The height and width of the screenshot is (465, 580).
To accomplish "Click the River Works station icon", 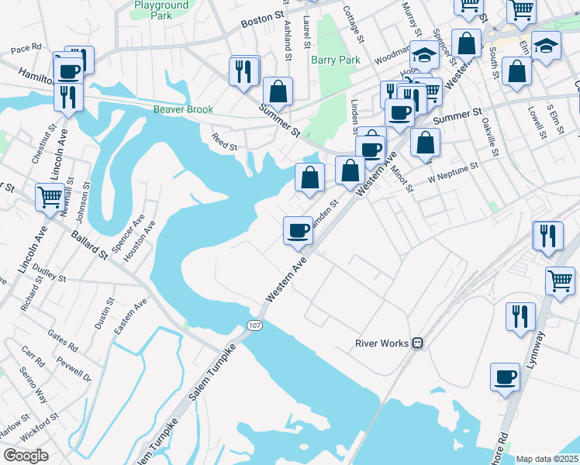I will [x=418, y=343].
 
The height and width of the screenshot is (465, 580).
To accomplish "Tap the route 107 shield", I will [x=254, y=325].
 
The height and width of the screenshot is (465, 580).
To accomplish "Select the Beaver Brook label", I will [x=183, y=110].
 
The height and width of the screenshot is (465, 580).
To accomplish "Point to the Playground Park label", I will [x=161, y=10].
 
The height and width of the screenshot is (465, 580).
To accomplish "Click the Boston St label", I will [x=258, y=19].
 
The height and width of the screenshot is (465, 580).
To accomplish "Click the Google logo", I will [x=26, y=456].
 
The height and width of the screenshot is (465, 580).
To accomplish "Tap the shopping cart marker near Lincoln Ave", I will [x=50, y=197].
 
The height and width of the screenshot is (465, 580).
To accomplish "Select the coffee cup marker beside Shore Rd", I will [x=505, y=377].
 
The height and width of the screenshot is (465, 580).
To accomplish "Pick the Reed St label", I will [x=224, y=140].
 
